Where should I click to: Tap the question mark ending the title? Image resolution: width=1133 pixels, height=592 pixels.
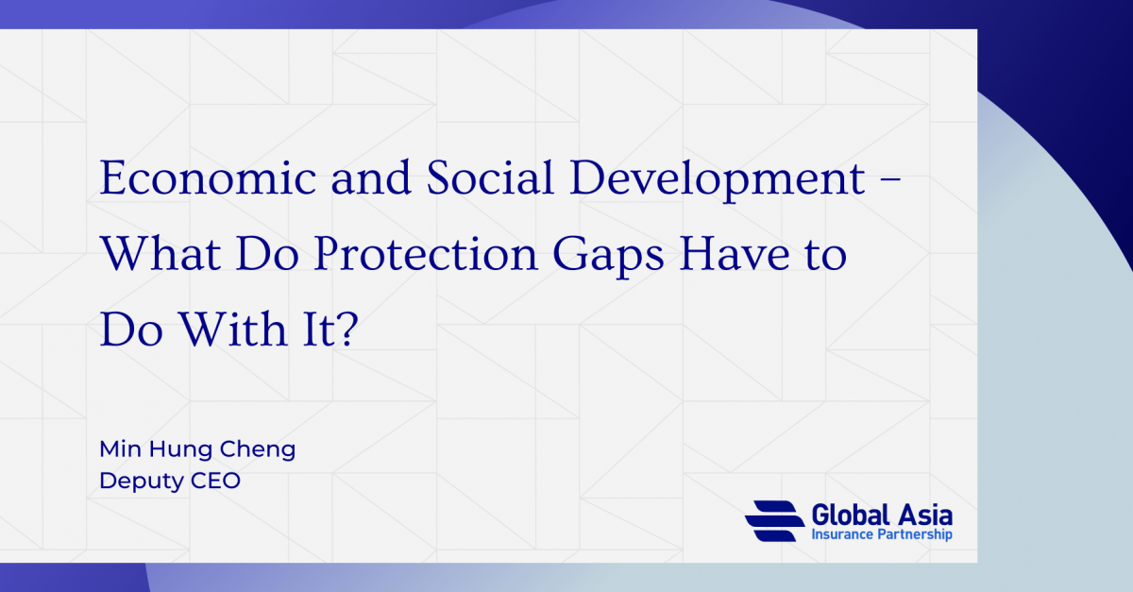[347, 331]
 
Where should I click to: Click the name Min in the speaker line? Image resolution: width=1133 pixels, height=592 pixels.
[119, 449]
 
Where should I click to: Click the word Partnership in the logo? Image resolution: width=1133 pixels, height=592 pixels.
[915, 535]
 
